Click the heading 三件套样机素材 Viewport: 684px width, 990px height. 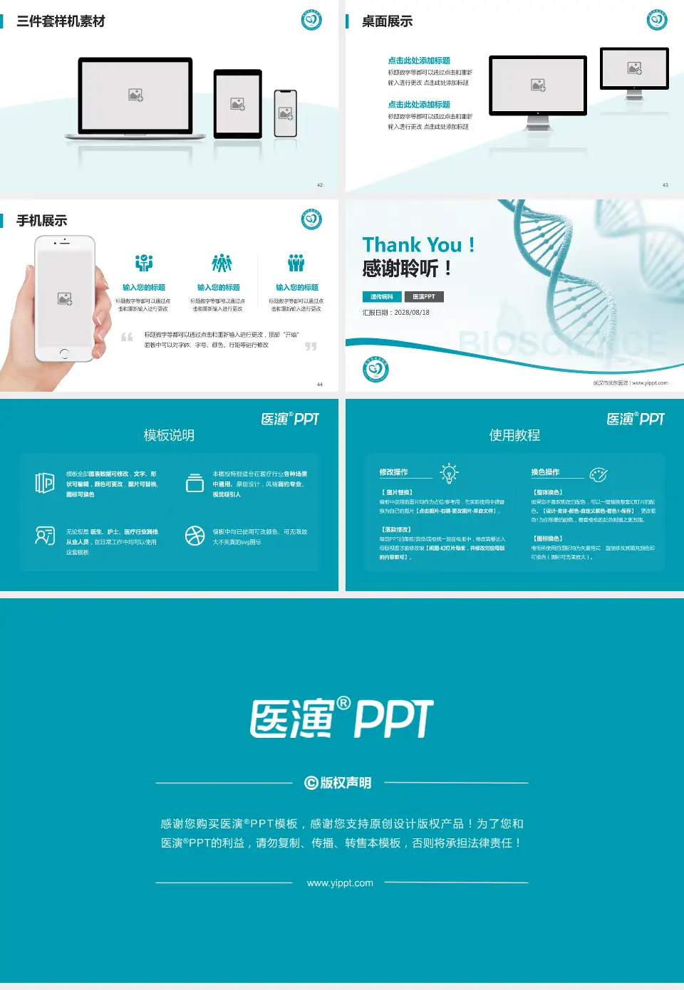click(61, 21)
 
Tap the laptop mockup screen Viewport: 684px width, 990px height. click(135, 95)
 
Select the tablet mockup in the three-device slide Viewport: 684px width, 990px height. click(238, 104)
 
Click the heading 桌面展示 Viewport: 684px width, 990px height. click(387, 21)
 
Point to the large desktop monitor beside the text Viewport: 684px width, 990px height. click(538, 85)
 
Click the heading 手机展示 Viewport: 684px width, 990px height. click(41, 221)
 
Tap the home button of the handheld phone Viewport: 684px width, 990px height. click(64, 353)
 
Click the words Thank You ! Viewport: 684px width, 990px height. click(418, 245)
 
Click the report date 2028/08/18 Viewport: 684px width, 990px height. click(412, 313)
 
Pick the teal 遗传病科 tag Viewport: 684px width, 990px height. click(382, 297)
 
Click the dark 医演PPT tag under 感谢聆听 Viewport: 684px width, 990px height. click(424, 297)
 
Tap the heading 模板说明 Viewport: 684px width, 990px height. click(169, 435)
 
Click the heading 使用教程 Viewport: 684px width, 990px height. click(514, 435)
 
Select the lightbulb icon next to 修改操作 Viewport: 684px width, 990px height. click(449, 473)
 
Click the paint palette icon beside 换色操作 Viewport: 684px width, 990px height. click(598, 474)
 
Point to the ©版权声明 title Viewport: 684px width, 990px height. click(338, 783)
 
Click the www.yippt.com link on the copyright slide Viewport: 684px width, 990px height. click(340, 883)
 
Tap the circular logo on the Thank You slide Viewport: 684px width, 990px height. click(375, 370)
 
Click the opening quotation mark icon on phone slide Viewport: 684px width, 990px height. click(127, 338)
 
